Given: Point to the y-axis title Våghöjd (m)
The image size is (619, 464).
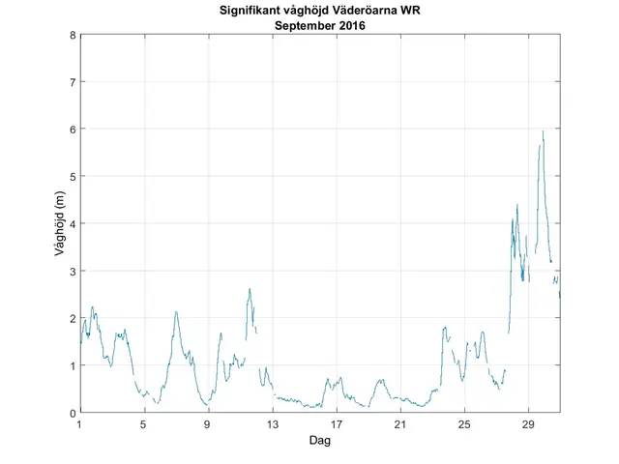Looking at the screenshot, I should coord(60,224).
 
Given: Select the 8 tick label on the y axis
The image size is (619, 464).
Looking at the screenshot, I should coord(72,35).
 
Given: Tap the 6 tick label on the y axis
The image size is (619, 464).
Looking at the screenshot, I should coord(72,130).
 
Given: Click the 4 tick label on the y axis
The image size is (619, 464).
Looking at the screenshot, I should coord(72,223).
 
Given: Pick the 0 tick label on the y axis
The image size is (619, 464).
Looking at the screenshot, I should coord(72,413).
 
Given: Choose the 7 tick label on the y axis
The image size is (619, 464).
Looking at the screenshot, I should coord(72,82).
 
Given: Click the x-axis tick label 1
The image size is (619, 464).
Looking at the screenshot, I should coord(80,425).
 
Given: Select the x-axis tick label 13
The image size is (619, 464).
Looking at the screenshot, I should coord(272,425).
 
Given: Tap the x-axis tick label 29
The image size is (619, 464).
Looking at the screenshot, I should coord(528,425).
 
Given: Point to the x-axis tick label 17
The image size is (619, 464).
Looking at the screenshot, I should coord(336,425).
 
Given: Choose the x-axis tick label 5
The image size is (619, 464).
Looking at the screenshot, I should coord(144,425).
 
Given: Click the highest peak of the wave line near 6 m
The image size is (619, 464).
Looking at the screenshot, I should coord(543,131).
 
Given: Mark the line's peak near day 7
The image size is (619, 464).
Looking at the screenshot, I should coord(176,311).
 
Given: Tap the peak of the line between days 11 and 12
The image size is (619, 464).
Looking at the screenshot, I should coord(250,288).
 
